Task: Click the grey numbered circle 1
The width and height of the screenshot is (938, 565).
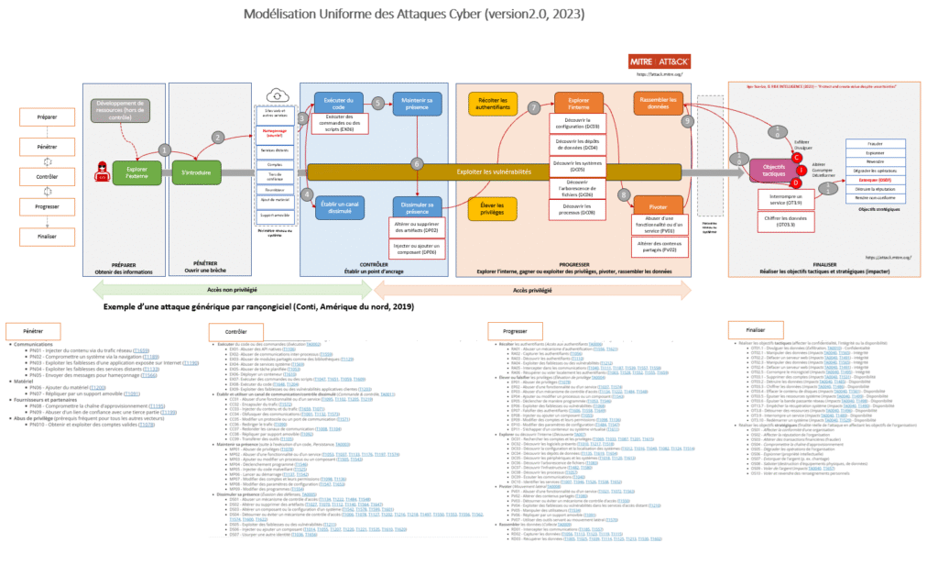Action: pos(165,150)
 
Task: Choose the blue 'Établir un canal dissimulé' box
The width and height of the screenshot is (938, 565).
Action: pos(338,208)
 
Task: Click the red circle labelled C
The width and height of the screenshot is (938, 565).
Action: pos(799,156)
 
